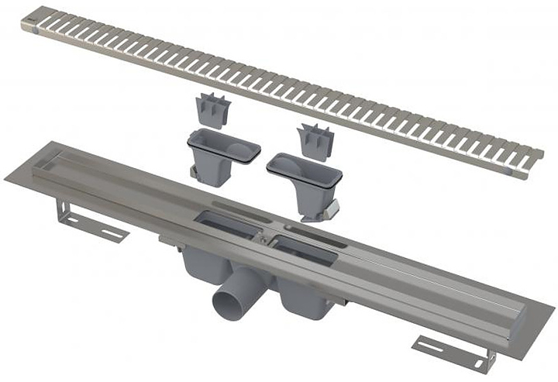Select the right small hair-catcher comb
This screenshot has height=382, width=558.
point(315,140)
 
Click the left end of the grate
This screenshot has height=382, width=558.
point(31,19)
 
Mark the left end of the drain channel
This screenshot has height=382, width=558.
point(31,167)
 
